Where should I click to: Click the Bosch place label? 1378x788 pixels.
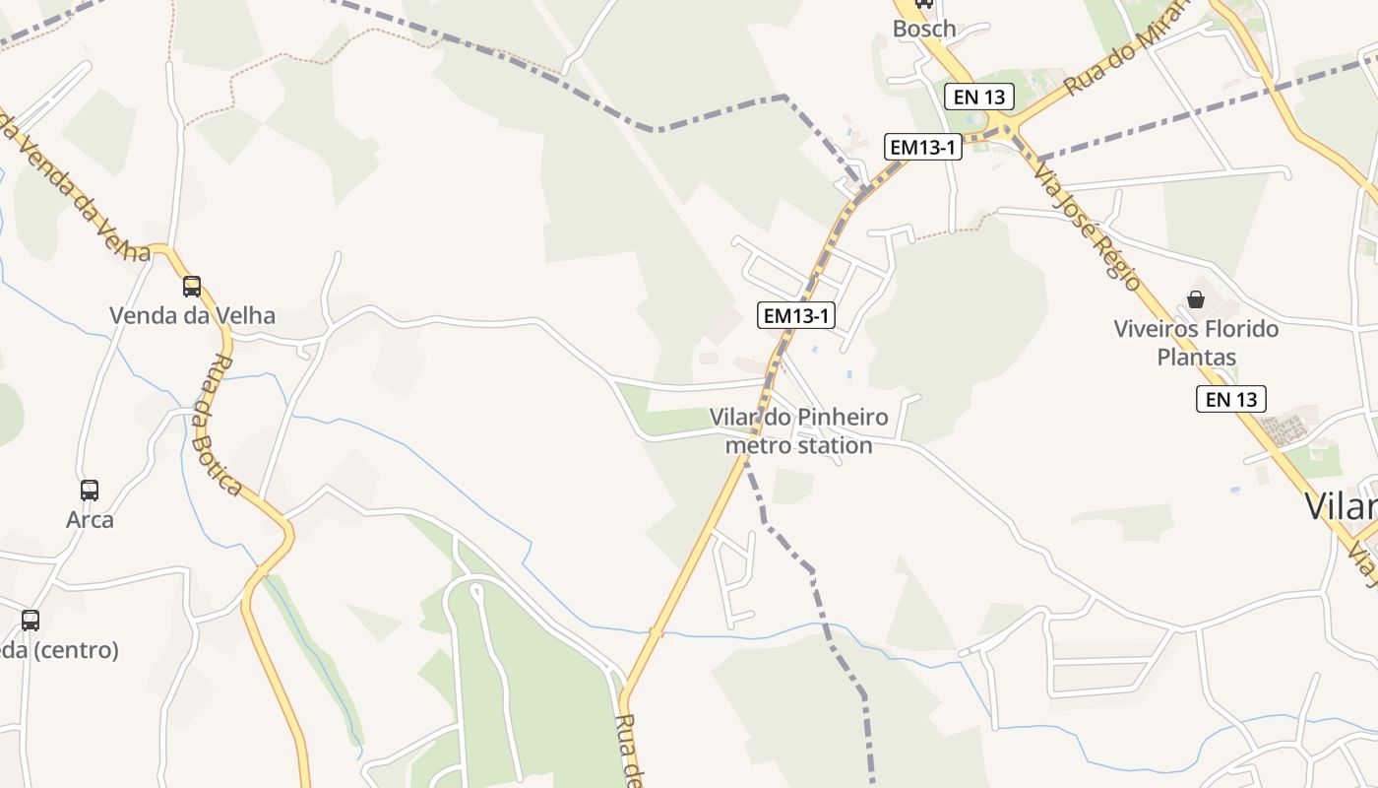point(924,29)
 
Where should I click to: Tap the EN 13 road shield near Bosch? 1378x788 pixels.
point(978,97)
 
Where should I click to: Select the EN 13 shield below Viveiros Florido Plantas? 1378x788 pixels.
point(1230,399)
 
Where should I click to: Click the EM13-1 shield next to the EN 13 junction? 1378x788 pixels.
point(921,147)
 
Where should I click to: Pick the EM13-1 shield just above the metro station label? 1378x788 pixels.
point(797,315)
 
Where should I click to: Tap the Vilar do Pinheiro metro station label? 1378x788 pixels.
point(798,431)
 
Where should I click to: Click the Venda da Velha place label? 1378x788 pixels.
point(192,316)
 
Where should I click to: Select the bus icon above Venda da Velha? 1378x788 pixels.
point(192,287)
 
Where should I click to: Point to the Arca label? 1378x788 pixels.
point(90,519)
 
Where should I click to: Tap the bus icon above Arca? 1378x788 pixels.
point(90,490)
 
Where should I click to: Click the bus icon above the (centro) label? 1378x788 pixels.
point(31,621)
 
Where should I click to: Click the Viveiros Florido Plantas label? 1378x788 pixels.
point(1196,342)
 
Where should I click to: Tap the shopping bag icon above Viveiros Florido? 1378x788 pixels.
point(1196,299)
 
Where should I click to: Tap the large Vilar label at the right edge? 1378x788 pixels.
point(1341,506)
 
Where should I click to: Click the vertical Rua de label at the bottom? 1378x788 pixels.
point(630,749)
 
